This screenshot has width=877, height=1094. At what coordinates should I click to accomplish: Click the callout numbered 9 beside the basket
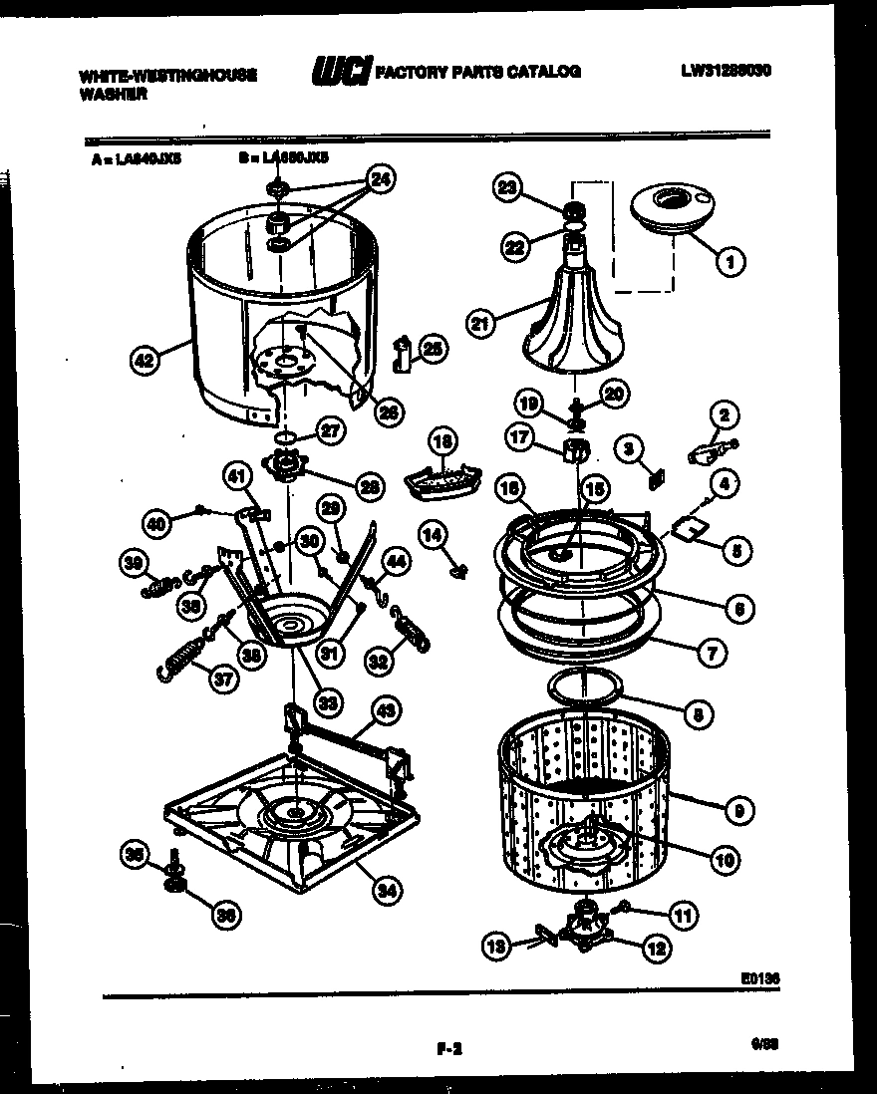click(x=736, y=810)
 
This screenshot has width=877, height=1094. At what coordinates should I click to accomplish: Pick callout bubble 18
click(x=442, y=443)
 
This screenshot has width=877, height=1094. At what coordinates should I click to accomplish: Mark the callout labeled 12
click(x=655, y=950)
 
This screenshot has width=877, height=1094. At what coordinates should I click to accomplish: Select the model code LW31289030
click(x=727, y=72)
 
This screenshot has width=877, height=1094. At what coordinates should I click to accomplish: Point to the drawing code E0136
click(x=759, y=979)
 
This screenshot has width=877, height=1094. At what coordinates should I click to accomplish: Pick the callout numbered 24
click(x=380, y=180)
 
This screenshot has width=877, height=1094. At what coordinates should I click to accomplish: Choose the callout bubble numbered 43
click(x=386, y=711)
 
